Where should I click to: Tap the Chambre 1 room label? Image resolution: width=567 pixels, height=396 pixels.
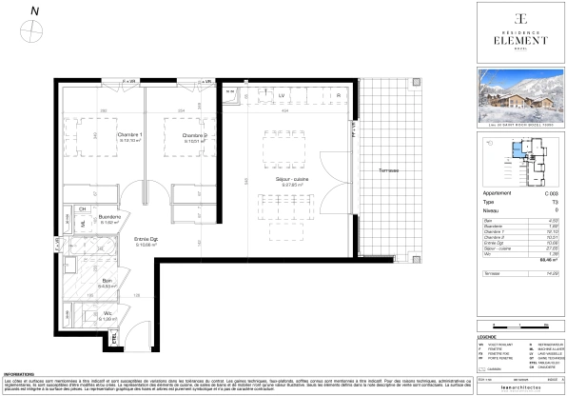click(x=129, y=135)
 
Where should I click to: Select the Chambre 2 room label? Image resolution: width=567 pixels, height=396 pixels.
click(x=195, y=135)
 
